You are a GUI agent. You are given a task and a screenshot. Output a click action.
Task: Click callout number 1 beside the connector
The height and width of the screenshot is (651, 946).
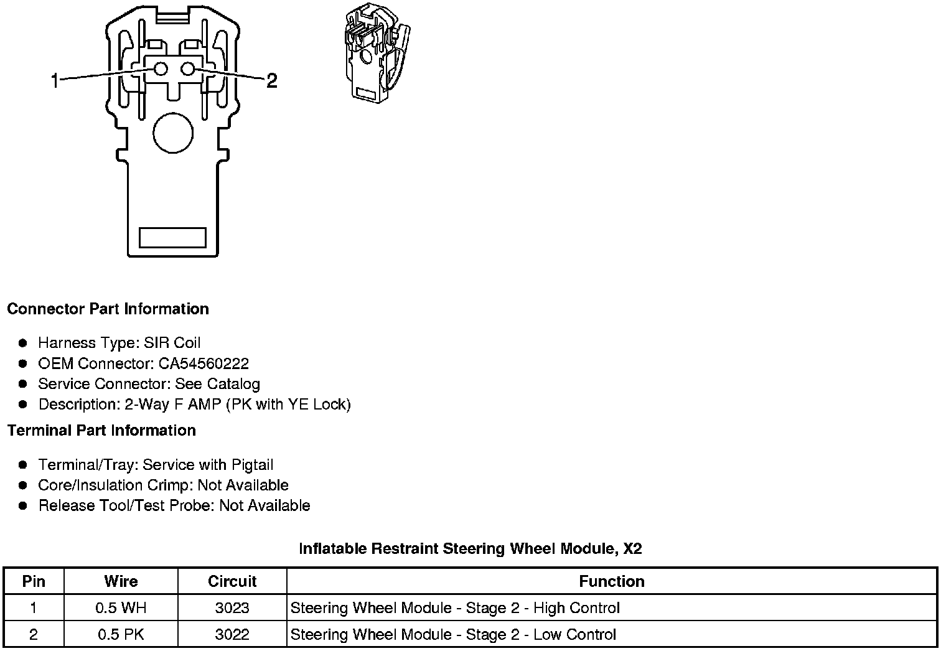click(x=55, y=80)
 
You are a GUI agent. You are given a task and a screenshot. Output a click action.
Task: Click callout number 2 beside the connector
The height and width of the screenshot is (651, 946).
click(x=271, y=80)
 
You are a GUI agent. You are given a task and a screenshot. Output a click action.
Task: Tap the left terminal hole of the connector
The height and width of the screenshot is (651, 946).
click(x=161, y=69)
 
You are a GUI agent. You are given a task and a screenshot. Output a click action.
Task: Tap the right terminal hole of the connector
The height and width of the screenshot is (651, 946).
click(x=189, y=69)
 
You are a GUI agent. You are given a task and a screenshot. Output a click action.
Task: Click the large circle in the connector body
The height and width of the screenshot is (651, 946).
click(x=173, y=133)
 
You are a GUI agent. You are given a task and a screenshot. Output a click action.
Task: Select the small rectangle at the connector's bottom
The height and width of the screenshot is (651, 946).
click(x=172, y=237)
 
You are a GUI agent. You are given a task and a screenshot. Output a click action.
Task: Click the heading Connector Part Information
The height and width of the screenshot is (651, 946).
click(x=108, y=309)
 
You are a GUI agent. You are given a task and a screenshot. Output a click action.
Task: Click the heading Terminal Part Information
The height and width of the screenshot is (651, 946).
click(x=101, y=431)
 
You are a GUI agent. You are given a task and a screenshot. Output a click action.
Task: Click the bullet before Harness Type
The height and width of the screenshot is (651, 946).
click(x=23, y=343)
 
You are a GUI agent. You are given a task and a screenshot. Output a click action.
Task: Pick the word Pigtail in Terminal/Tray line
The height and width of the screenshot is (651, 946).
click(x=252, y=465)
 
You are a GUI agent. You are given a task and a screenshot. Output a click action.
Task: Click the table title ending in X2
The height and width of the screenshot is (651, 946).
click(x=470, y=549)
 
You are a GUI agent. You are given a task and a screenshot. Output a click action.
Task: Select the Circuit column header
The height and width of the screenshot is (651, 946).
click(x=232, y=581)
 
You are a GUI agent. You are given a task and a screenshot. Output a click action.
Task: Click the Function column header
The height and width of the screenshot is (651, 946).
click(x=611, y=581)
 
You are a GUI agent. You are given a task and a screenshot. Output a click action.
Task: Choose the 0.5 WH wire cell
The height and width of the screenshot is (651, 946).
click(x=121, y=608)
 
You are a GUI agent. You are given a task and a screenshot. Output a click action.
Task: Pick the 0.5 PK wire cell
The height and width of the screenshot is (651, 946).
click(x=121, y=635)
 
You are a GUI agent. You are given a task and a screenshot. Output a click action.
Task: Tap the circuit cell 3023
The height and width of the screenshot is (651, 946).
click(x=232, y=608)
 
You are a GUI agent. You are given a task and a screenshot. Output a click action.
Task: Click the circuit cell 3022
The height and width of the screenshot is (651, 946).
click(x=232, y=635)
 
